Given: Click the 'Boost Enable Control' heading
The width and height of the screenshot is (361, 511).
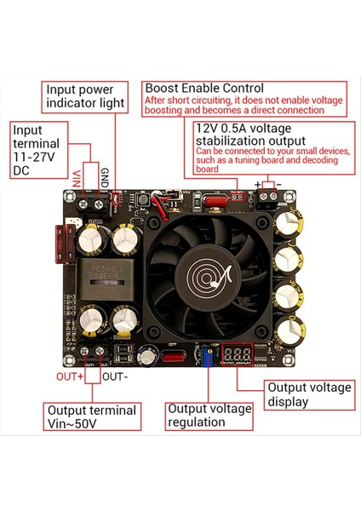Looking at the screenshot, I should [x=204, y=88].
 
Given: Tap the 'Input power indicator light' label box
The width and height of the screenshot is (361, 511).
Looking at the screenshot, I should [x=85, y=95].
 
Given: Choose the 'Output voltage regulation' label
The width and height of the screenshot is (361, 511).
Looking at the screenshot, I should [x=209, y=416].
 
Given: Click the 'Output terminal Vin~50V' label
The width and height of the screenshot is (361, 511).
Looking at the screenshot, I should [x=91, y=417].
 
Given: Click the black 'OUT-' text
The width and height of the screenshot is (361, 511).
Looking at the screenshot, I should [x=114, y=376].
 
